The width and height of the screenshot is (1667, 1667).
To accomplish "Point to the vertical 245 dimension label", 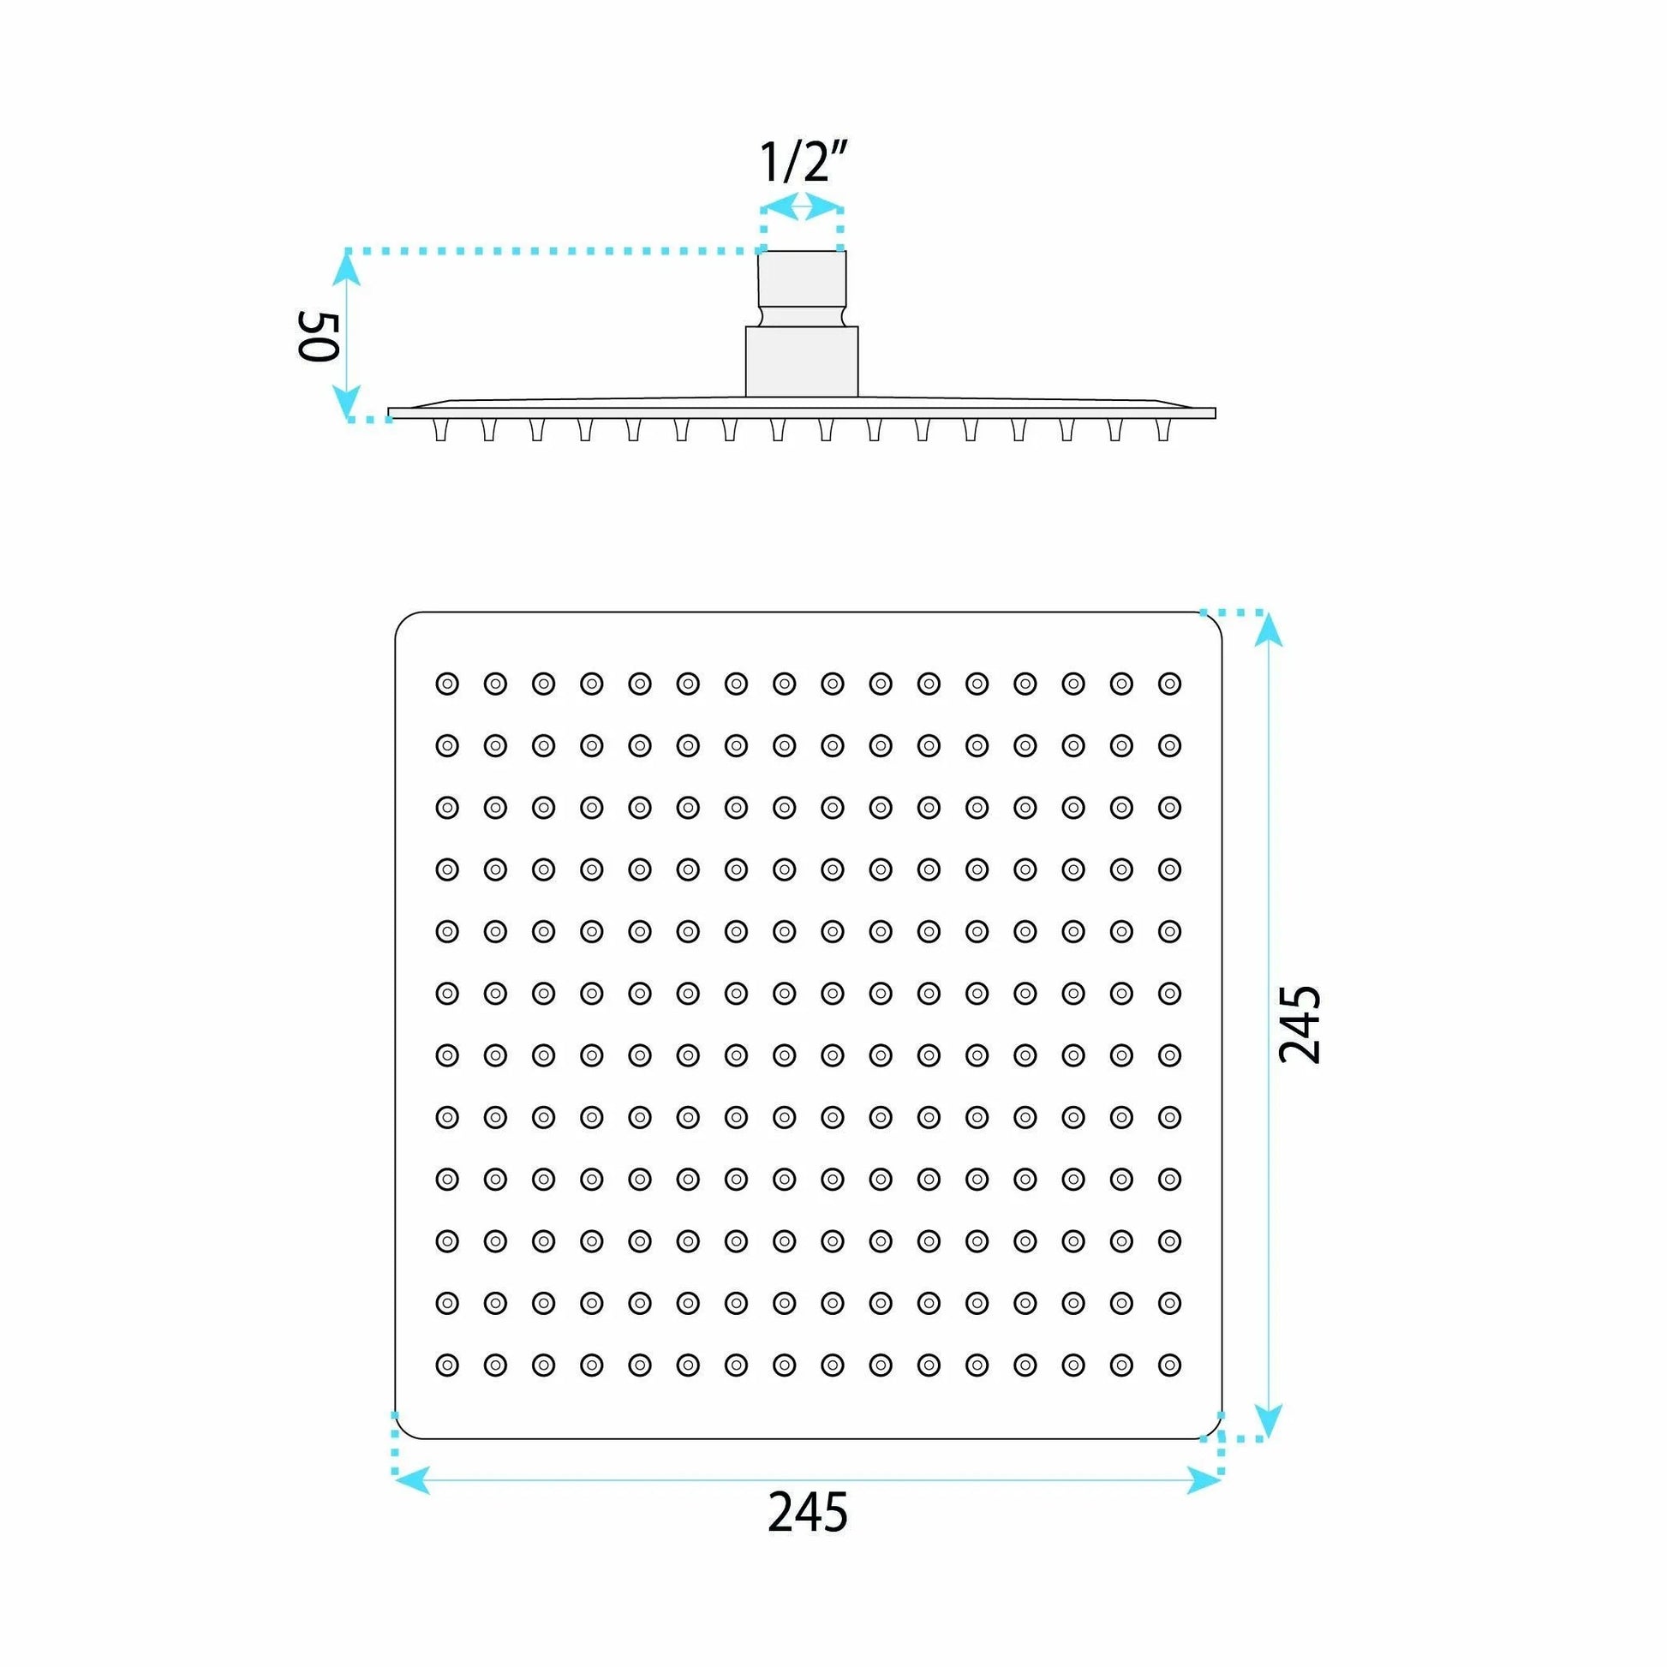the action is pyautogui.click(x=1300, y=1025).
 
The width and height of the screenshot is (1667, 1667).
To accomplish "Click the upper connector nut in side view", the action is pyautogui.click(x=803, y=288).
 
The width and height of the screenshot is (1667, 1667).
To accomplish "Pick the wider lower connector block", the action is pyautogui.click(x=803, y=361).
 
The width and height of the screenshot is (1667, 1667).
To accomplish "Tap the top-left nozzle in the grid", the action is pyautogui.click(x=447, y=684).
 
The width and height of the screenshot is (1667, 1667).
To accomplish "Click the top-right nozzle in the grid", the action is pyautogui.click(x=1169, y=684).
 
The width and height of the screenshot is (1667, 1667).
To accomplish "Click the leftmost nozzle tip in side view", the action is pyautogui.click(x=442, y=430).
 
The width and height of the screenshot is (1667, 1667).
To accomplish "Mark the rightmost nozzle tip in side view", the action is pyautogui.click(x=1163, y=430).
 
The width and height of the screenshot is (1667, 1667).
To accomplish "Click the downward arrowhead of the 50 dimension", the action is pyautogui.click(x=347, y=401).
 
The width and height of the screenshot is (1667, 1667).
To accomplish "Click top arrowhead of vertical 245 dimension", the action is pyautogui.click(x=1268, y=630).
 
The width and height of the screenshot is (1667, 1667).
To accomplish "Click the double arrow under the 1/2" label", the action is pyautogui.click(x=804, y=207).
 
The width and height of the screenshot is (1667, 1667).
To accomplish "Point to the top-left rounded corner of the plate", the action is pyautogui.click(x=402, y=619).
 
